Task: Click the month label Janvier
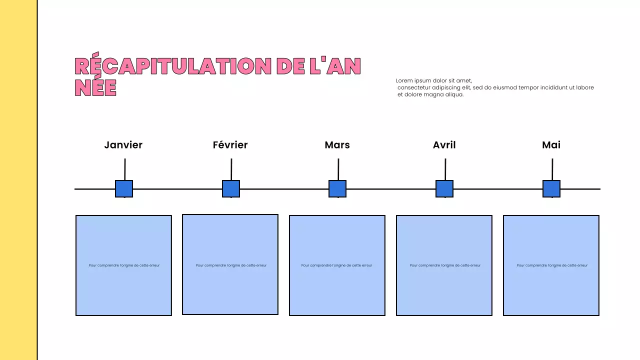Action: pyautogui.click(x=123, y=145)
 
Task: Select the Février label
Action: pyautogui.click(x=230, y=145)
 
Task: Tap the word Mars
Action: pyautogui.click(x=337, y=145)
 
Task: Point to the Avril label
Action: pyautogui.click(x=444, y=145)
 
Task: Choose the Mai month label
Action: pyautogui.click(x=551, y=145)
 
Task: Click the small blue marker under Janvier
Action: pyautogui.click(x=124, y=189)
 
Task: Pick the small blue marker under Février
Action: pyautogui.click(x=231, y=189)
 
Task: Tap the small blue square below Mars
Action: pyautogui.click(x=337, y=189)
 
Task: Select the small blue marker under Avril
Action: pyautogui.click(x=444, y=189)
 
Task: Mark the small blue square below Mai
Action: pyautogui.click(x=551, y=189)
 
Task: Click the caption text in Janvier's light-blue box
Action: pyautogui.click(x=124, y=265)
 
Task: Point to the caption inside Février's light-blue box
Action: pyautogui.click(x=231, y=265)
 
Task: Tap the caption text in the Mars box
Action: pyautogui.click(x=336, y=265)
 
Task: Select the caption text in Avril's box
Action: pyautogui.click(x=445, y=265)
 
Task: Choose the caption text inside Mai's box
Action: pyautogui.click(x=552, y=265)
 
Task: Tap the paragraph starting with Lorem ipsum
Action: pyautogui.click(x=494, y=87)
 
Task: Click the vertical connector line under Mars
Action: pyautogui.click(x=338, y=169)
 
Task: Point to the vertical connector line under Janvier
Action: pyautogui.click(x=125, y=169)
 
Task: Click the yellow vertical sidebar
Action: pyautogui.click(x=18, y=180)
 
